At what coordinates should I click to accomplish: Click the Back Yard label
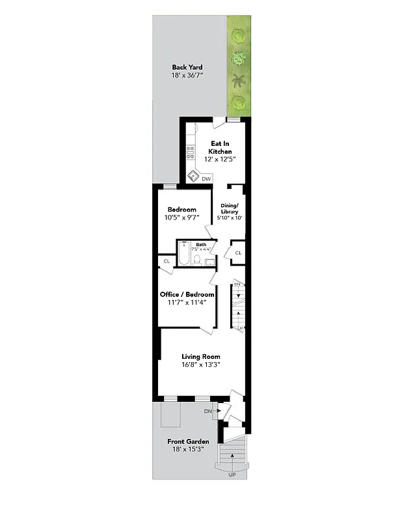pyautogui.click(x=187, y=67)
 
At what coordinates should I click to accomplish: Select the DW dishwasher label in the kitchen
pyautogui.click(x=206, y=178)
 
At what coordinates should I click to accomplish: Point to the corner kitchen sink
pyautogui.click(x=193, y=175)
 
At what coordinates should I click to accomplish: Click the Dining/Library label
pyautogui.click(x=229, y=209)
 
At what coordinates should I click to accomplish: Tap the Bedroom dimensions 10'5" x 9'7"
pyautogui.click(x=181, y=218)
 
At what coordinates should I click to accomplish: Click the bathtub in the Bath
pyautogui.click(x=184, y=256)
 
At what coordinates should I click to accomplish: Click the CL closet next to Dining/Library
pyautogui.click(x=237, y=253)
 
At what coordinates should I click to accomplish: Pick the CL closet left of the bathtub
pyautogui.click(x=167, y=261)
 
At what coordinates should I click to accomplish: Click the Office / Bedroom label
pyautogui.click(x=187, y=294)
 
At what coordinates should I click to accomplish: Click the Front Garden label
pyautogui.click(x=188, y=442)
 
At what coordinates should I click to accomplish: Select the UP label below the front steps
pyautogui.click(x=232, y=475)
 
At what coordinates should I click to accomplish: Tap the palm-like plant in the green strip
pyautogui.click(x=239, y=81)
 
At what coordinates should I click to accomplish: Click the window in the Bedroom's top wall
pyautogui.click(x=170, y=187)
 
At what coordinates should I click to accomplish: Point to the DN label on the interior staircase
pyautogui.click(x=237, y=285)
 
